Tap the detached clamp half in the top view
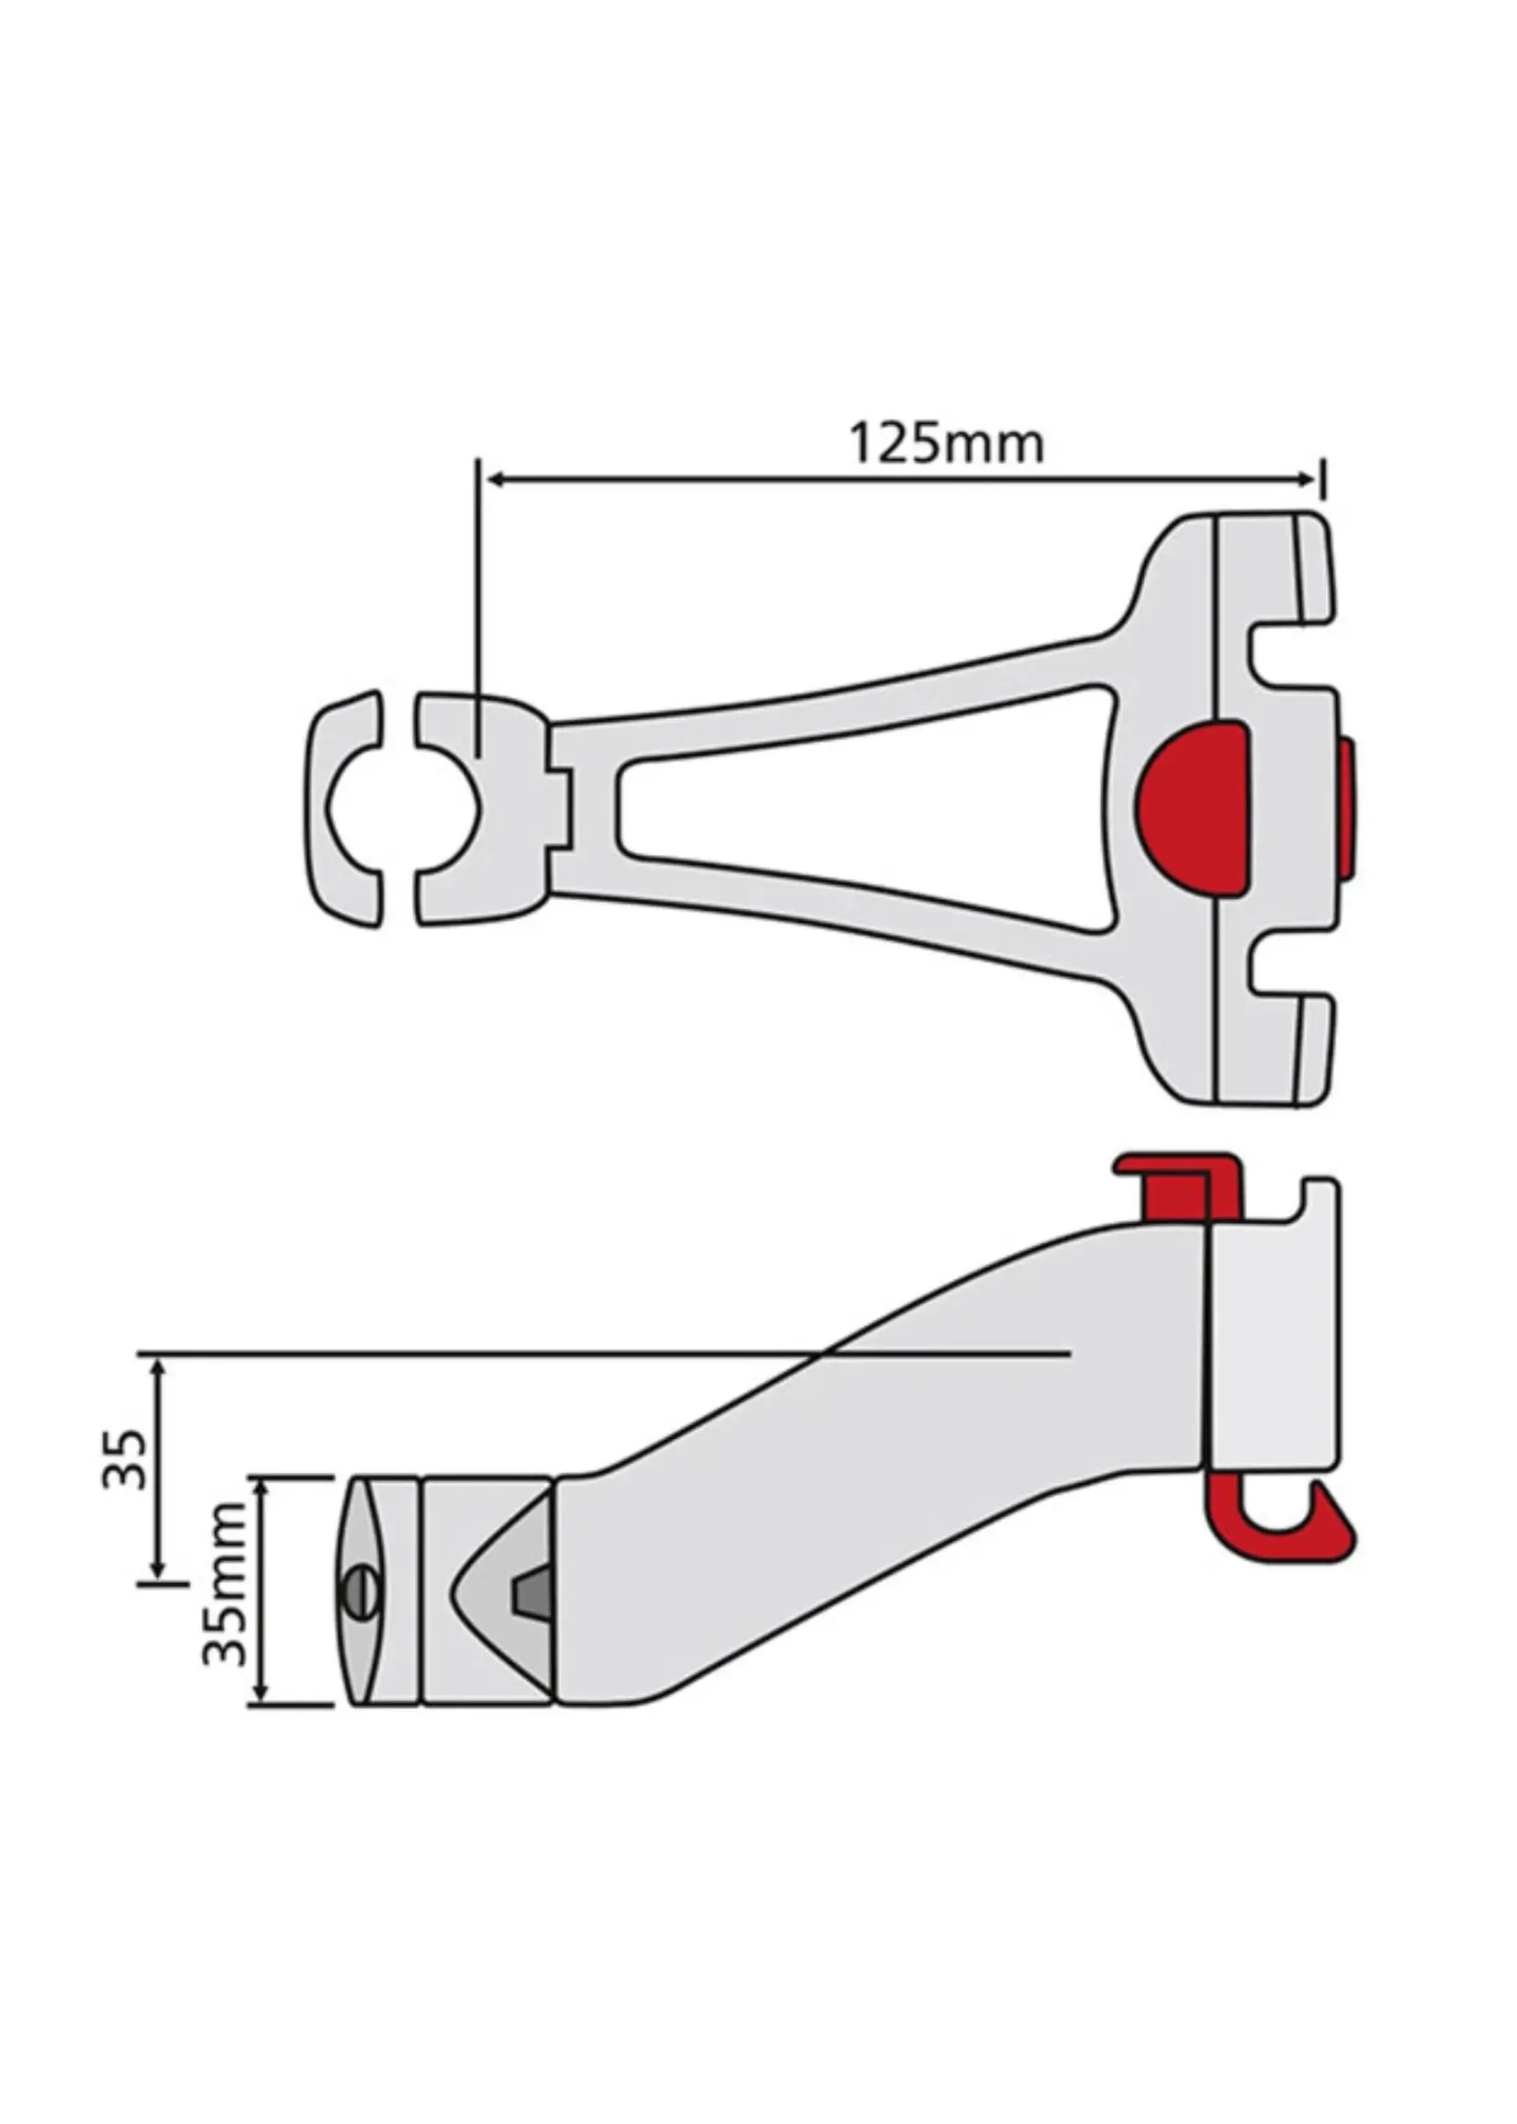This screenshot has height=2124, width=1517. (x=345, y=809)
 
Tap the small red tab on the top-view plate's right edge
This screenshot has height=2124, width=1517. (x=1347, y=811)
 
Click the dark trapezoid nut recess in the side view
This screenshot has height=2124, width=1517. (x=529, y=1589)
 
